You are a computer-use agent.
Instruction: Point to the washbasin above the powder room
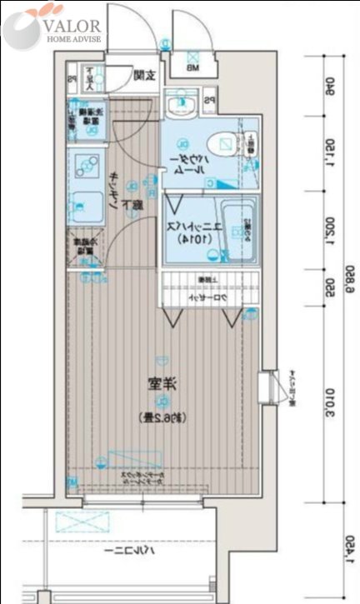click(178, 104)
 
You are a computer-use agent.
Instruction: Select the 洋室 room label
click(161, 385)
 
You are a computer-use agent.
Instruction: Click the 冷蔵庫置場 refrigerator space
click(83, 250)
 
